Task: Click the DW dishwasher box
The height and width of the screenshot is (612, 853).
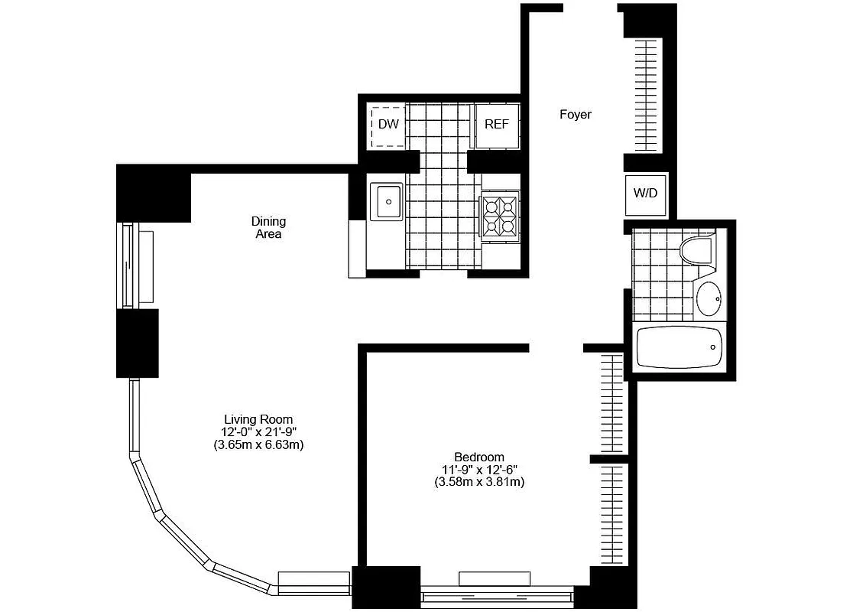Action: click(x=388, y=124)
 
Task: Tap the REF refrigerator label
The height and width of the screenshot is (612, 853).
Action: click(x=496, y=124)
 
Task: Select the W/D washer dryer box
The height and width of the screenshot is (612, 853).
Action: click(x=646, y=193)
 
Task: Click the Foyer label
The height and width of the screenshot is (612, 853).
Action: click(x=576, y=115)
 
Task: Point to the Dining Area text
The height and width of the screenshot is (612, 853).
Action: click(x=268, y=228)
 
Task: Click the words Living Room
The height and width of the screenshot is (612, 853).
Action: click(x=259, y=419)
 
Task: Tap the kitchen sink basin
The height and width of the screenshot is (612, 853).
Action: click(x=388, y=202)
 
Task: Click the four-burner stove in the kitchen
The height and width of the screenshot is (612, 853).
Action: click(x=500, y=215)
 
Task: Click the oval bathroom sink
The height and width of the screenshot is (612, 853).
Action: click(x=709, y=299)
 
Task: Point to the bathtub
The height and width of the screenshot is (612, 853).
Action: click(x=679, y=347)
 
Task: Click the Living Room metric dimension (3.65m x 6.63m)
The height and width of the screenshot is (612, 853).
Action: click(x=259, y=445)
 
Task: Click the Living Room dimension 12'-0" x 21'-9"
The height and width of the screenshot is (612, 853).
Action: click(x=259, y=432)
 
